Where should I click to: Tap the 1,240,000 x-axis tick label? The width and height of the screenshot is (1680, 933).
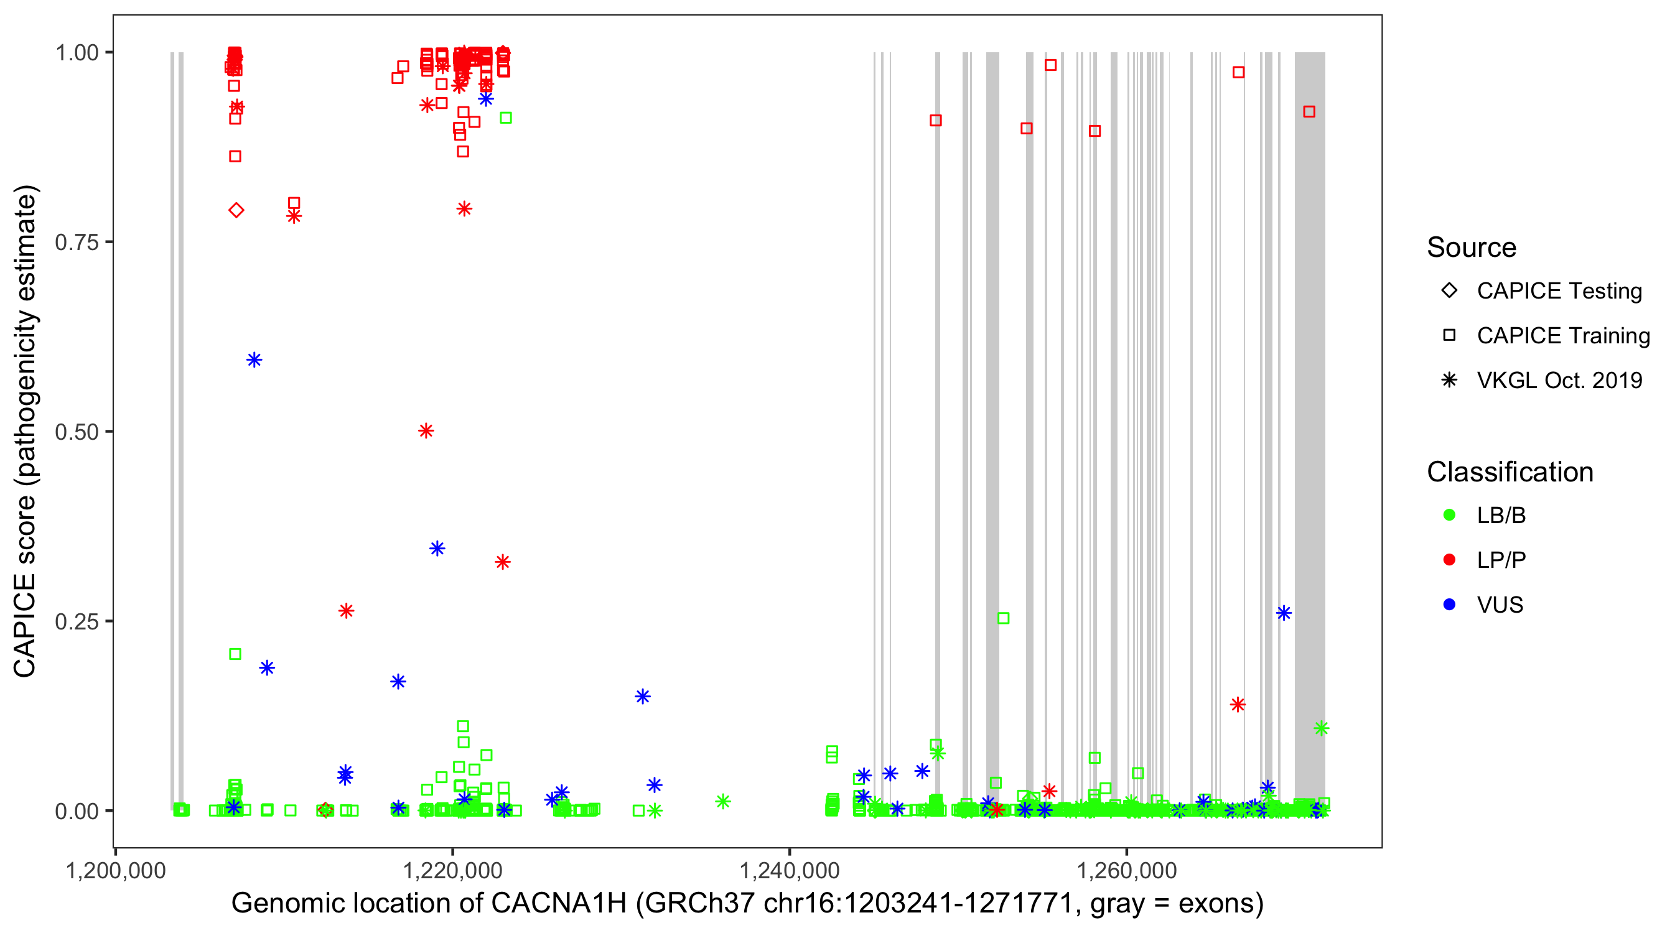click(x=789, y=870)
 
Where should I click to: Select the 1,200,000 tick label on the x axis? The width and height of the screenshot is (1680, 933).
click(x=116, y=870)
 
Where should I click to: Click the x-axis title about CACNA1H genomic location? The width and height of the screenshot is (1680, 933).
click(x=747, y=904)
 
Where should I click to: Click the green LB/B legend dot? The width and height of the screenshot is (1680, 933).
click(x=1449, y=515)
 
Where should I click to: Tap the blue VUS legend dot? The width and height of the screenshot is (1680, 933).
click(x=1449, y=605)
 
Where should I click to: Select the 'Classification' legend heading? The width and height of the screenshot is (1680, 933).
click(x=1510, y=472)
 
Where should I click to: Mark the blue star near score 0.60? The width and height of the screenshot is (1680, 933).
click(x=254, y=360)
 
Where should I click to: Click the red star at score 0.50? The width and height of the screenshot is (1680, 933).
click(x=426, y=431)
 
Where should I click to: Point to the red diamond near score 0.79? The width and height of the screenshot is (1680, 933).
click(x=236, y=210)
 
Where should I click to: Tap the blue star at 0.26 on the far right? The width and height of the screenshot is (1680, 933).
click(x=1284, y=613)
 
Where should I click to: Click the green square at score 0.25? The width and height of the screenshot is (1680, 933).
click(x=1003, y=618)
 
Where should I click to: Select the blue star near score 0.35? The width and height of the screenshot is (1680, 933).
click(x=437, y=549)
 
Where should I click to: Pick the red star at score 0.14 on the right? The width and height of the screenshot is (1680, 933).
click(x=1237, y=705)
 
